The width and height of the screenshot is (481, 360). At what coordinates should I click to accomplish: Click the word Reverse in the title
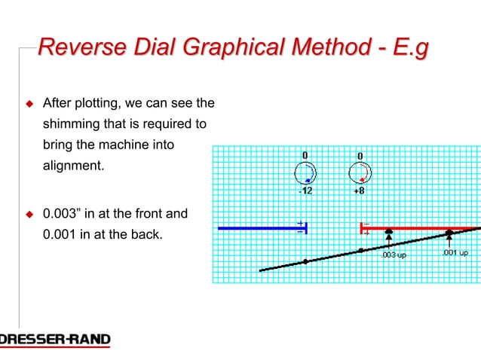click(x=74, y=49)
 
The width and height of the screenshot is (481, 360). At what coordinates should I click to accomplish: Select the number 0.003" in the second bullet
click(x=63, y=215)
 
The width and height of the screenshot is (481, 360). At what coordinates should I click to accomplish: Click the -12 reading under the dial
click(x=305, y=191)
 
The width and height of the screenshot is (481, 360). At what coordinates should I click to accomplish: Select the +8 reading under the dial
click(x=360, y=191)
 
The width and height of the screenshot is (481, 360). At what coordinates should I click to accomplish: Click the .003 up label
click(x=394, y=255)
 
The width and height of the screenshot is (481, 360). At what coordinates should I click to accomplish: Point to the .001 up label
click(x=455, y=253)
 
